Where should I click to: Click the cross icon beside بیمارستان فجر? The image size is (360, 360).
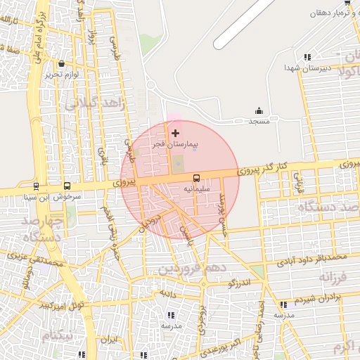pos(175,133)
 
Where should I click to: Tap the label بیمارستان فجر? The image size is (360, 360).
pos(175,144)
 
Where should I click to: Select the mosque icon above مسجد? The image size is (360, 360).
pos(258,110)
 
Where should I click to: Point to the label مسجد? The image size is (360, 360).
pos(258,121)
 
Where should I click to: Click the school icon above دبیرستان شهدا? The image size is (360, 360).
pos(307,57)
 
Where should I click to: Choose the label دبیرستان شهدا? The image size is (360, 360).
pos(301,67)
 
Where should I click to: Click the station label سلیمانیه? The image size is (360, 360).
pos(196,188)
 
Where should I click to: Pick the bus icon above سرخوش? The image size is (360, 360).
pos(67,186)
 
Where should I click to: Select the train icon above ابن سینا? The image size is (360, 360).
pos(35,186)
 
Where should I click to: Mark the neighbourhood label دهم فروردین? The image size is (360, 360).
pos(194,269)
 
